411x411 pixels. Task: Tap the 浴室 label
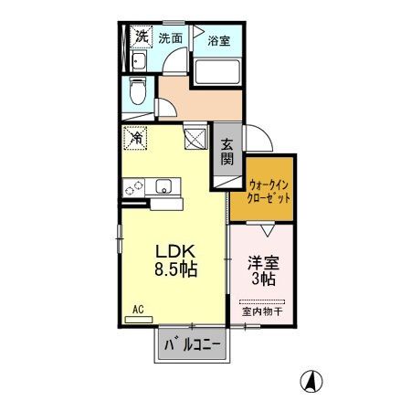(x=218, y=41)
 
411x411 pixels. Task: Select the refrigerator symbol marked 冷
(x=134, y=139)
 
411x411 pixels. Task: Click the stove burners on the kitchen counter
(x=134, y=186)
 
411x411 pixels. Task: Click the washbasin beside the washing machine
(x=139, y=62)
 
